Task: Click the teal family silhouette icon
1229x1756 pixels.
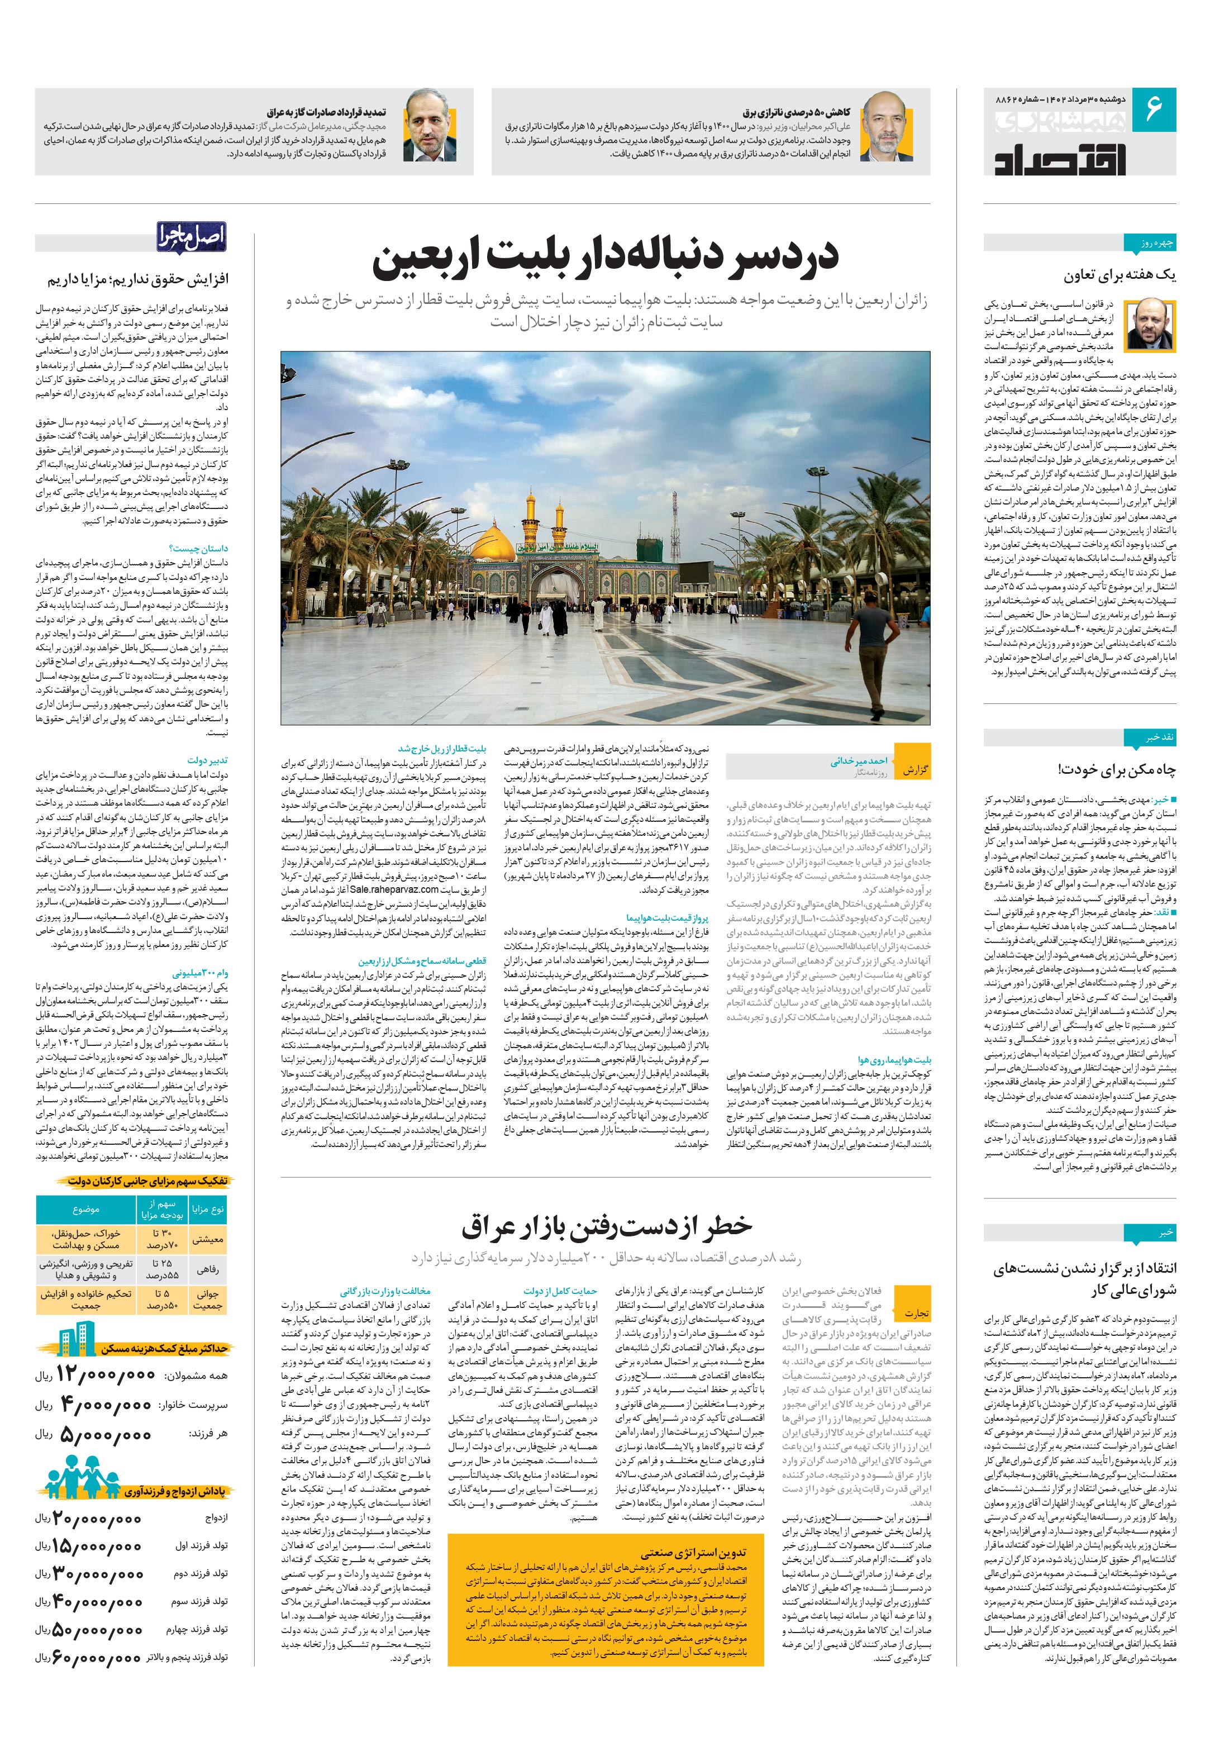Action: click(x=84, y=1488)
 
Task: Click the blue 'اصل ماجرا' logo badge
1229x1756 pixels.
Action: click(x=192, y=236)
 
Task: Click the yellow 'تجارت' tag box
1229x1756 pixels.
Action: click(x=916, y=1312)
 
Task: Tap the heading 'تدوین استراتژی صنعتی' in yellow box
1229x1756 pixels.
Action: click(x=694, y=1531)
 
